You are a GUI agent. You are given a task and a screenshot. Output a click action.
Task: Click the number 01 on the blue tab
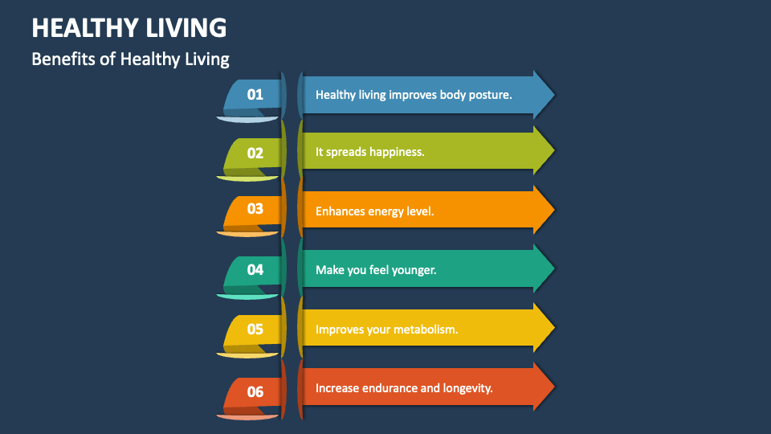[255, 94]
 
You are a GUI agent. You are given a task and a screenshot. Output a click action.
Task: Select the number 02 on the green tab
[255, 152]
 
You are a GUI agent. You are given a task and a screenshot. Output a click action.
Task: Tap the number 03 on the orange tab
[255, 209]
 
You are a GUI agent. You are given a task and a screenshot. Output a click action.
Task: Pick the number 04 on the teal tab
[255, 270]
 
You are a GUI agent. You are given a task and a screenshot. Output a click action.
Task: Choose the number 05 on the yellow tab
[255, 329]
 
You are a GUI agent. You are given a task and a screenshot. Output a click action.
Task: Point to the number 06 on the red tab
[255, 391]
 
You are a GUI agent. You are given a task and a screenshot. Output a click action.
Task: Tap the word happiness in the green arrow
[396, 151]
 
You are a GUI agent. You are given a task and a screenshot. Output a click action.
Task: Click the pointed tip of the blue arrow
[553, 95]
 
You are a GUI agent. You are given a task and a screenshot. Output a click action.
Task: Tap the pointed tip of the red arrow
[553, 387]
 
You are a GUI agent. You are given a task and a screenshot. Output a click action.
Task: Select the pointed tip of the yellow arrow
[553, 329]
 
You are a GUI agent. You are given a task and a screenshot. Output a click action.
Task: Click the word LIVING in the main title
[187, 28]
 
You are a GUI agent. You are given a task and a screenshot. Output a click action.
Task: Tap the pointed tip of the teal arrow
[553, 270]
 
